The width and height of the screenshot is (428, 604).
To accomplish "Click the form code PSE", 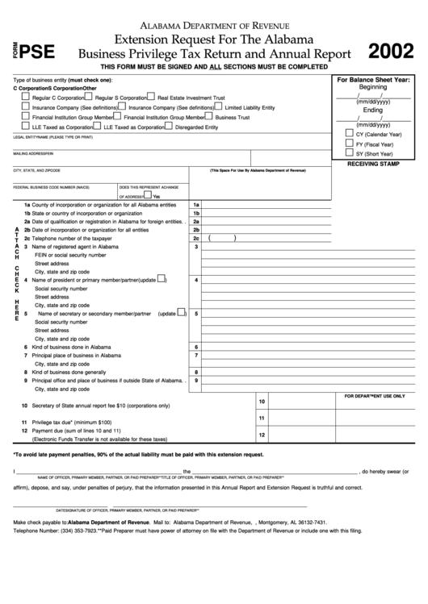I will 37,49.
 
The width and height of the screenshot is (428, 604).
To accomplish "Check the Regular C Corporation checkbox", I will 26,96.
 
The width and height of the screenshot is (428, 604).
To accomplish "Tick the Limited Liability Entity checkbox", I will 219,106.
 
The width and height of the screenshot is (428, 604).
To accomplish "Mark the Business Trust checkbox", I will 209,116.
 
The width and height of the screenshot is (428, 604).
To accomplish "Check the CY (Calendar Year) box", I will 349,132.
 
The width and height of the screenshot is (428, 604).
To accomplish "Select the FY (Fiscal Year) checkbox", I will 349,142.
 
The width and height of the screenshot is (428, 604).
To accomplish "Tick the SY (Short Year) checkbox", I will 349,152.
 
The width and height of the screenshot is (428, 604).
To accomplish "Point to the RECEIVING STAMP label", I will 372,164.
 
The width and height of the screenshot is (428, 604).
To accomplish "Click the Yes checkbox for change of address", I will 149,195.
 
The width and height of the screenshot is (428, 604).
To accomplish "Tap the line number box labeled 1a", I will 195,205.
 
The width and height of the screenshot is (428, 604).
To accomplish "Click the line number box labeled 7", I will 195,355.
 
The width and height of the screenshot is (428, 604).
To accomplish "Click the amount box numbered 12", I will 262,435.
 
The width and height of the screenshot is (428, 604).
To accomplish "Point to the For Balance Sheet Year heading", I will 373,81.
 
